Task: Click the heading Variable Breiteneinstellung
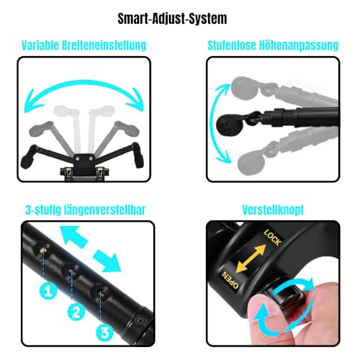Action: (86, 45)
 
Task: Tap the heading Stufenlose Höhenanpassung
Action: (274, 45)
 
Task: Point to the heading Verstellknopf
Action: (273, 211)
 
